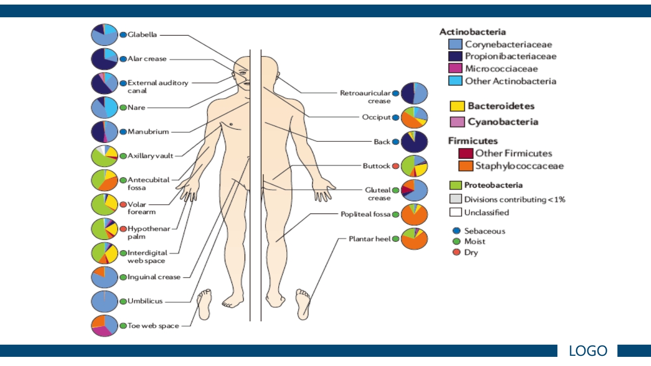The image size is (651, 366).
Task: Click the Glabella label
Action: click(x=142, y=35)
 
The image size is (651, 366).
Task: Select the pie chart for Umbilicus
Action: click(x=104, y=301)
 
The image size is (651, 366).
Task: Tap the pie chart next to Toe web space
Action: click(x=104, y=325)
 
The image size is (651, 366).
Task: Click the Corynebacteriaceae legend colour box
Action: click(x=456, y=45)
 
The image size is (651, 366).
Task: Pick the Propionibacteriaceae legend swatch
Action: click(x=456, y=56)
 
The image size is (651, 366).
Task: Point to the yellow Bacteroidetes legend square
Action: click(x=457, y=106)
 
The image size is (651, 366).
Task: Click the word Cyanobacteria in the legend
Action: click(x=502, y=122)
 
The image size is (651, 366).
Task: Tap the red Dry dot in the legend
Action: click(x=456, y=252)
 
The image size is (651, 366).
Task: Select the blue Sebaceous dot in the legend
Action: click(x=456, y=231)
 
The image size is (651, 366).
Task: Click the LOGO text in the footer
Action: click(x=588, y=351)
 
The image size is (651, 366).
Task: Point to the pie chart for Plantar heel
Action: click(x=414, y=239)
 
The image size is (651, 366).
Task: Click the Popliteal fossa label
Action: click(x=365, y=215)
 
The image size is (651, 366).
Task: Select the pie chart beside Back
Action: click(x=414, y=142)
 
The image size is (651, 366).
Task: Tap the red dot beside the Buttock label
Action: click(x=395, y=166)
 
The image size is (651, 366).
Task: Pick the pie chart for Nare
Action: click(x=104, y=108)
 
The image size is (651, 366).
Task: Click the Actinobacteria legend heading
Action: click(x=472, y=32)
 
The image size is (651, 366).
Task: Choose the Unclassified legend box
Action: click(x=456, y=212)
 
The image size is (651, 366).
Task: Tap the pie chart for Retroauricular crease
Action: click(x=414, y=94)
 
